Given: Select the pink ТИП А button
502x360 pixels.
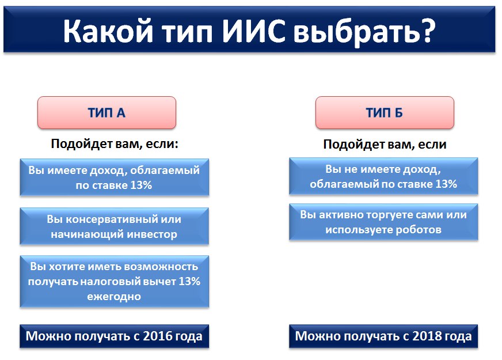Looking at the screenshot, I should (x=107, y=112).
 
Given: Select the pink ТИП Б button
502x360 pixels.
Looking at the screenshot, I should (x=385, y=112).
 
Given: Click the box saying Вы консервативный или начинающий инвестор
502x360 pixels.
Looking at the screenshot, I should (x=114, y=227).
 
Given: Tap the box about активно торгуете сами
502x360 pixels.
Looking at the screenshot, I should (x=383, y=222).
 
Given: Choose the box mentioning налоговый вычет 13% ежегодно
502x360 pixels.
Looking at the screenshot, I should (x=114, y=282).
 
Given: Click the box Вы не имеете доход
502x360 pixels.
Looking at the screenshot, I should (x=383, y=177).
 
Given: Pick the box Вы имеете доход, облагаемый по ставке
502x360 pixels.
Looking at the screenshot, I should (x=114, y=177).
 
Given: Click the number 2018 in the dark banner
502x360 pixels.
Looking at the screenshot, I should (x=425, y=336).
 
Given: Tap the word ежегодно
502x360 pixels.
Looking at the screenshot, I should (x=115, y=296).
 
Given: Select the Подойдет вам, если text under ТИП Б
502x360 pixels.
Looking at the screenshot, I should (x=385, y=145).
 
